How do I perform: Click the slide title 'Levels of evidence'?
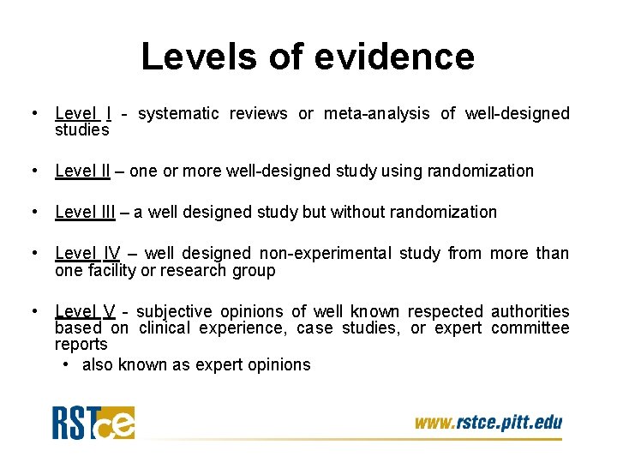point(307,57)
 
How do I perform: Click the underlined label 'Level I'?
point(83,113)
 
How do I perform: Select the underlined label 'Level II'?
point(82,171)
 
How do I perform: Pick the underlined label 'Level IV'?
point(87,253)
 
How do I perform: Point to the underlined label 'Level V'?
point(84,311)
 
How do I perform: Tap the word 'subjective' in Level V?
point(176,311)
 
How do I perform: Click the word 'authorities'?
point(530,311)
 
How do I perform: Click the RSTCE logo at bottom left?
point(93,422)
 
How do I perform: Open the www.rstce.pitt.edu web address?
point(488,422)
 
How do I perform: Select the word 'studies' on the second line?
point(81,130)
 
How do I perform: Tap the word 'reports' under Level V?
point(81,344)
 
